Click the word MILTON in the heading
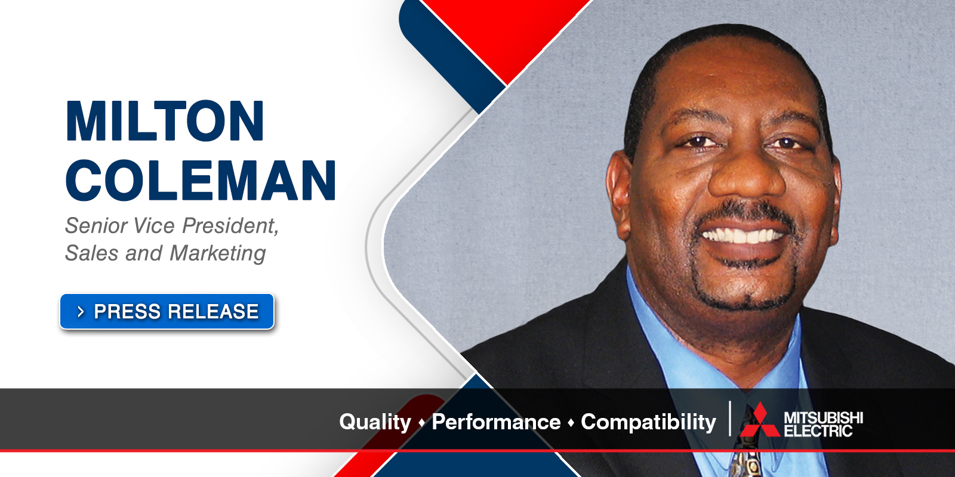[x=165, y=121]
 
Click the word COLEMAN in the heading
[x=201, y=180]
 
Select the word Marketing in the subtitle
[x=218, y=253]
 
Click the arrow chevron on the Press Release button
[x=81, y=312]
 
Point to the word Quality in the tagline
[x=375, y=422]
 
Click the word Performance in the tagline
[x=496, y=422]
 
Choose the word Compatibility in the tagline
[x=648, y=422]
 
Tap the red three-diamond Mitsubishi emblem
[x=759, y=421]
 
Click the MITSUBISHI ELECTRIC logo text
[x=823, y=423]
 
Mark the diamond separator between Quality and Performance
[x=421, y=423]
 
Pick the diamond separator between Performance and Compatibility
[x=571, y=423]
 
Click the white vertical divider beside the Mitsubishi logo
[x=730, y=419]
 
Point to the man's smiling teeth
[x=743, y=236]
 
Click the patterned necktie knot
[x=745, y=462]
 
